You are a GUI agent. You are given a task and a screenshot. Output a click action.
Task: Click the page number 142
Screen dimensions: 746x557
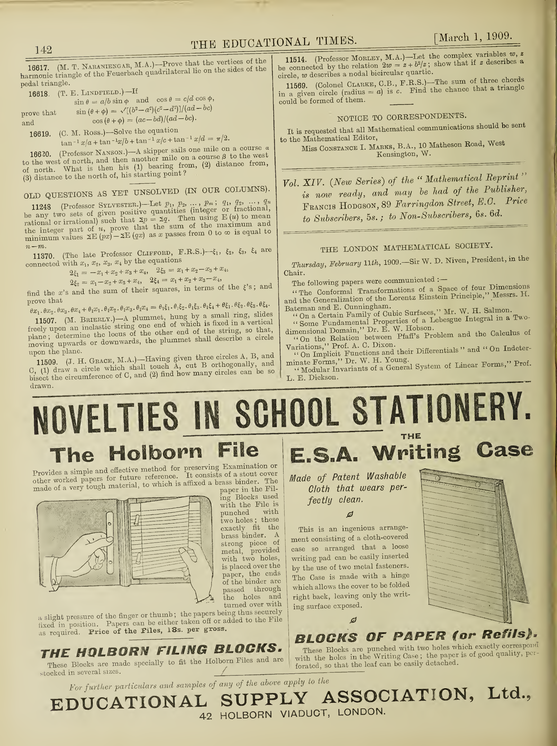[44, 50]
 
